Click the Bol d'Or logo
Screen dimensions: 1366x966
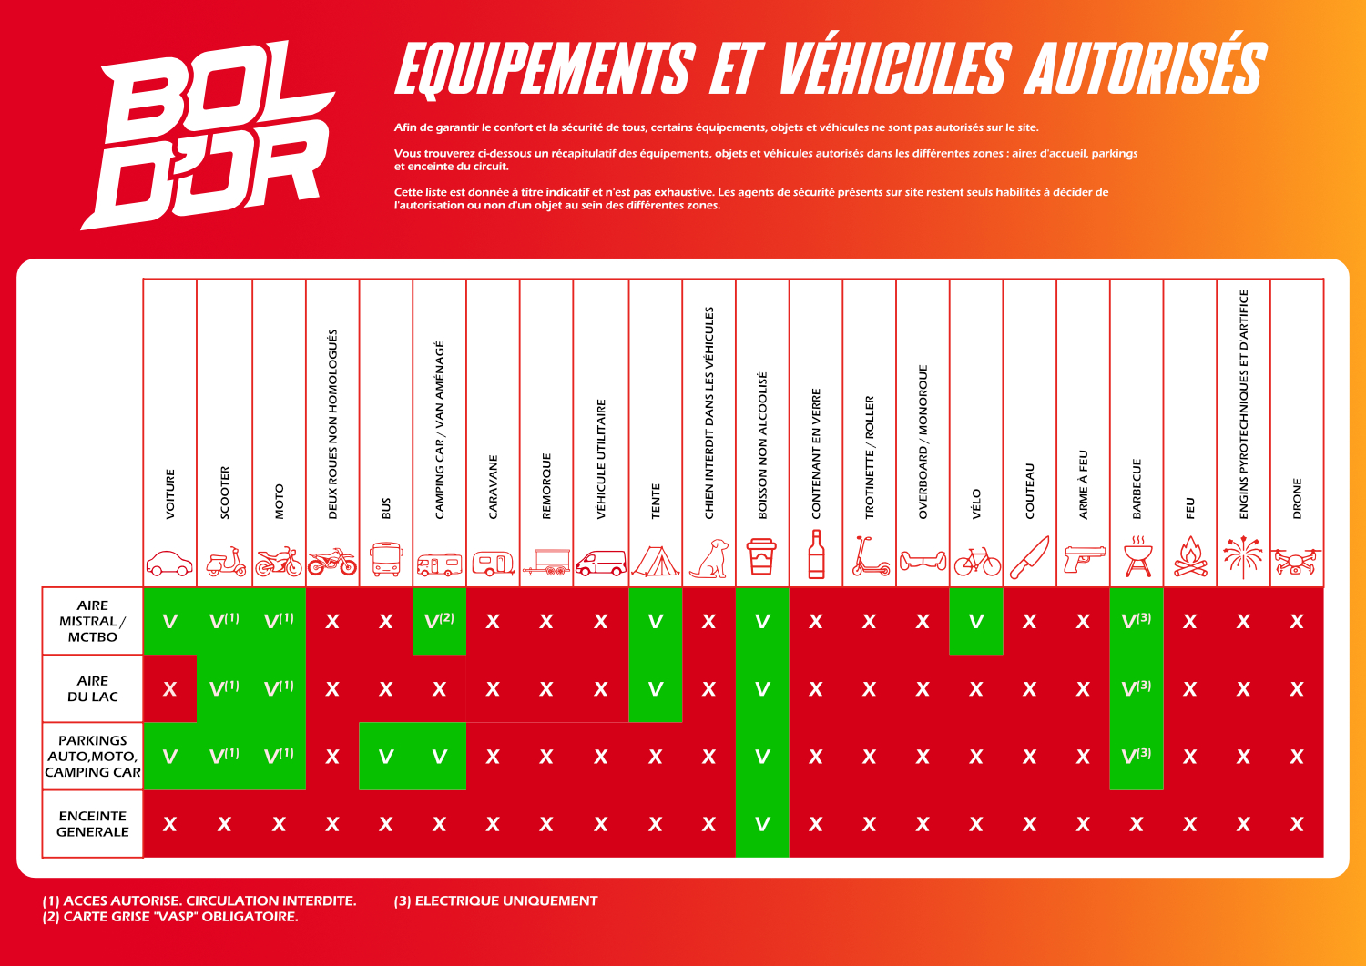pyautogui.click(x=208, y=136)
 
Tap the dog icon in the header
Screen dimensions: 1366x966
pyautogui.click(x=709, y=558)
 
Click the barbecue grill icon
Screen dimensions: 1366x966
pyautogui.click(x=1137, y=556)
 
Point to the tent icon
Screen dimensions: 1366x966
pyautogui.click(x=656, y=561)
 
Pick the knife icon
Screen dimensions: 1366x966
pyautogui.click(x=1029, y=557)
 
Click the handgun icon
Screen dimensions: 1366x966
pyautogui.click(x=1084, y=559)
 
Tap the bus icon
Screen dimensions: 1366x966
pyautogui.click(x=386, y=559)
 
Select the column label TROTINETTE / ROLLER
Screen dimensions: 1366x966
pyautogui.click(x=870, y=457)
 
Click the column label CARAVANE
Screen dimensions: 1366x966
pyautogui.click(x=493, y=487)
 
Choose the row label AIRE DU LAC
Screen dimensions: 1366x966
pyautogui.click(x=93, y=688)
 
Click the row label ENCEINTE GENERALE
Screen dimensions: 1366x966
pyautogui.click(x=93, y=823)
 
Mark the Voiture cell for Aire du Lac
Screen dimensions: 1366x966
pyautogui.click(x=170, y=688)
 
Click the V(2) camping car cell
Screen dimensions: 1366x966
pyautogui.click(x=439, y=621)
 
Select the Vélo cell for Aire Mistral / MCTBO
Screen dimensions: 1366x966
pyautogui.click(x=975, y=621)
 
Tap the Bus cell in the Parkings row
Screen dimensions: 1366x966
pyautogui.click(x=386, y=757)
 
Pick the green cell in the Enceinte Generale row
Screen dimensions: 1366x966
pyautogui.click(x=762, y=824)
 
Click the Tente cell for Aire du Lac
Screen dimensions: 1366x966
pyautogui.click(x=656, y=688)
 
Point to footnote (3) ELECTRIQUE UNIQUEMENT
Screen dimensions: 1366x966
pyautogui.click(x=495, y=900)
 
